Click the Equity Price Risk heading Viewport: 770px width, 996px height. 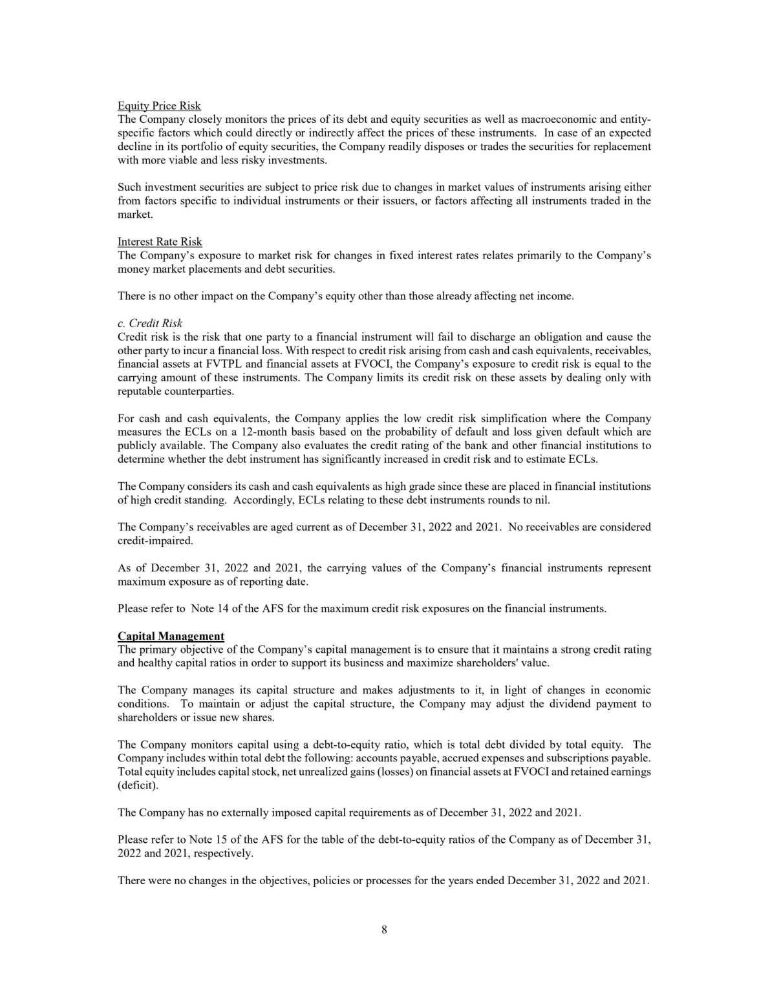coord(159,106)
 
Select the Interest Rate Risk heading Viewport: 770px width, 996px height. coord(160,242)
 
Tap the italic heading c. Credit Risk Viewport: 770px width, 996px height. coord(150,323)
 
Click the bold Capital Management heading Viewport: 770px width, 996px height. coord(171,636)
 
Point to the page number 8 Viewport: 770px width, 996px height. coord(385,929)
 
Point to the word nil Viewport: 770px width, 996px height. coord(542,500)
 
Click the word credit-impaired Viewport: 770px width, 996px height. coord(155,540)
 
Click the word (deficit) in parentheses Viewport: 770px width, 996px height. coord(138,785)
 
